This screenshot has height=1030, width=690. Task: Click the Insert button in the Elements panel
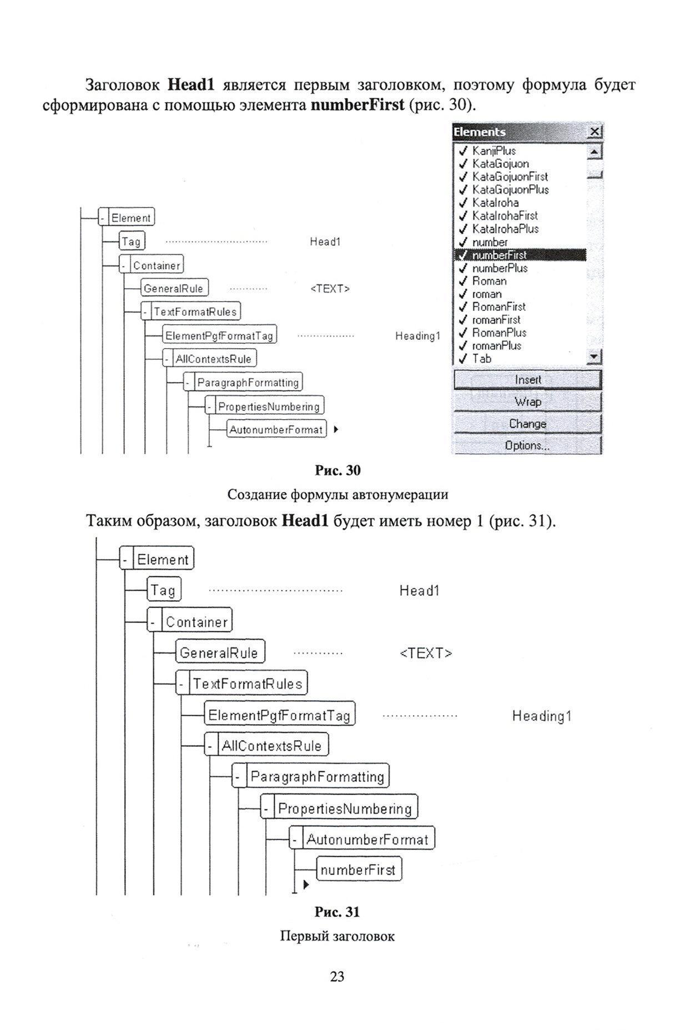point(527,380)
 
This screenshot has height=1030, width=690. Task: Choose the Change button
point(527,424)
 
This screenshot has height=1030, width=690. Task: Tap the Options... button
point(527,445)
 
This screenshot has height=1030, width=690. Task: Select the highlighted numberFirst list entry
point(499,255)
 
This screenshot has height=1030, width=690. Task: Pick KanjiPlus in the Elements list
point(493,151)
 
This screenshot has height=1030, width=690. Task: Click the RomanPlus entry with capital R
point(499,333)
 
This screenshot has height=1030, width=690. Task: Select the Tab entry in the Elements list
point(481,359)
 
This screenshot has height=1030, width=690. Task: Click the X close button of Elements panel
point(595,132)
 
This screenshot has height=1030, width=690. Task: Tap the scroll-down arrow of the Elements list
point(595,357)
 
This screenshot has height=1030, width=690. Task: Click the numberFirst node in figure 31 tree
point(358,870)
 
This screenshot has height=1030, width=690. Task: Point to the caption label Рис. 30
point(338,471)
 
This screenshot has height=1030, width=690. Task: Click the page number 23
point(337,977)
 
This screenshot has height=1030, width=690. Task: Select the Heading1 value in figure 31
point(541,716)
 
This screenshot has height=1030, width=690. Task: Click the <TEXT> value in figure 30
point(330,289)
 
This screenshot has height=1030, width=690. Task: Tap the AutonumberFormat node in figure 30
point(276,430)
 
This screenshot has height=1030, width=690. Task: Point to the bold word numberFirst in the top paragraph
point(357,104)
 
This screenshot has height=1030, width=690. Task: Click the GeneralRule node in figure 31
point(219,653)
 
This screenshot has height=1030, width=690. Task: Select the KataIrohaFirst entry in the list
point(505,216)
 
